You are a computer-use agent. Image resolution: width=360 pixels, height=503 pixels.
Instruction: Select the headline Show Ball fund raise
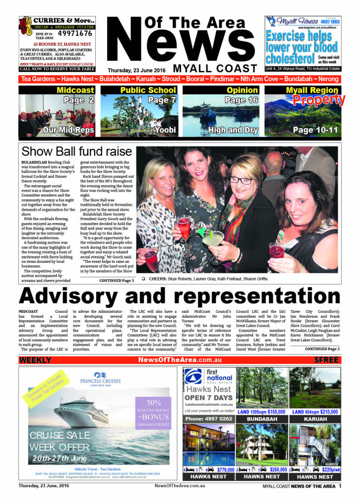[77, 151]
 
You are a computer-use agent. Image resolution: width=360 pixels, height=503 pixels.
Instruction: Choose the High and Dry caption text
[226, 130]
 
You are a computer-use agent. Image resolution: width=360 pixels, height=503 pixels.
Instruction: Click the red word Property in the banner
[319, 100]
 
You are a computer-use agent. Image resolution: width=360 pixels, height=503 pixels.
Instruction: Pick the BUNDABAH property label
[262, 419]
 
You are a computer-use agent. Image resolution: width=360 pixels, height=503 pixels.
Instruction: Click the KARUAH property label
[315, 419]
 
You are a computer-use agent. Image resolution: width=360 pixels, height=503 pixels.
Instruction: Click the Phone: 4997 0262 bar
[209, 419]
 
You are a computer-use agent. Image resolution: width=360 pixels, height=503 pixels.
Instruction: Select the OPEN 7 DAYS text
[209, 397]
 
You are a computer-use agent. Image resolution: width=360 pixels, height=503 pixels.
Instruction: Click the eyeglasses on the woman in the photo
[242, 180]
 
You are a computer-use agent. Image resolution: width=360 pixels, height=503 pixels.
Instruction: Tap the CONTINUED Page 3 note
[116, 280]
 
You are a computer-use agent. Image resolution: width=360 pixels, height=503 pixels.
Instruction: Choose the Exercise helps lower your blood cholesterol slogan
[301, 48]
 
